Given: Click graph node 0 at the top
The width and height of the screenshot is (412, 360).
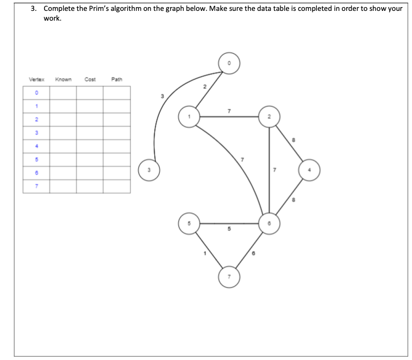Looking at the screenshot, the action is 229,64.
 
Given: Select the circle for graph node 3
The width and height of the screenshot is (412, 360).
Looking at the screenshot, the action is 148,167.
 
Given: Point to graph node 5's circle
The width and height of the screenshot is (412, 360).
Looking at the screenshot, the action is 189,223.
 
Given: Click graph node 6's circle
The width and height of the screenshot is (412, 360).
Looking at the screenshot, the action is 270,223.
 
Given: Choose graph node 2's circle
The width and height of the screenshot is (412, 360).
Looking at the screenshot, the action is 270,116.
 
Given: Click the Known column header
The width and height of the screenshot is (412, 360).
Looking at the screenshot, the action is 63,80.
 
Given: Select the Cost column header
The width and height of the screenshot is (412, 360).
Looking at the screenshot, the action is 90,80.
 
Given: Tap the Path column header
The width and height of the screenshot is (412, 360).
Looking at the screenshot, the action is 117,80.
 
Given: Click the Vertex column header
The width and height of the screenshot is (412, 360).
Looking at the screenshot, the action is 36,80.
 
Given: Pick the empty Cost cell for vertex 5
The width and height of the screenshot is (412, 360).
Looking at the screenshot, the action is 90,160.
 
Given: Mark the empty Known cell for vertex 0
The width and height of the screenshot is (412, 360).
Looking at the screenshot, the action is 63,93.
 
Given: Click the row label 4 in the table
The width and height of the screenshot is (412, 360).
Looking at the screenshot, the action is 37,146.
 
